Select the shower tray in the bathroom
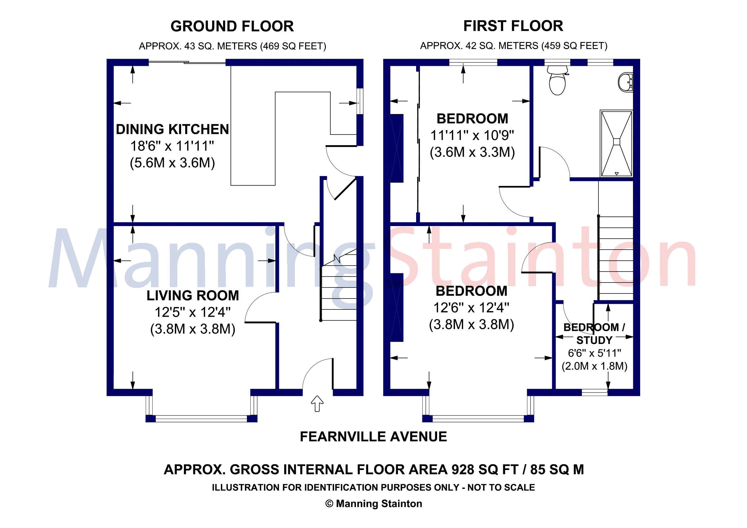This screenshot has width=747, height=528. coord(616,143)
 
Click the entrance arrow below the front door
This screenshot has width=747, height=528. coord(317,404)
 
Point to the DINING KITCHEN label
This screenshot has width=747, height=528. coord(172,129)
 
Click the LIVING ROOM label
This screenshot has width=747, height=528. coord(193,296)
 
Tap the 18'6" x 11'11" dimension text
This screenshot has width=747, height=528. coord(172,146)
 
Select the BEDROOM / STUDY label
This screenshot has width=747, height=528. coord(594,333)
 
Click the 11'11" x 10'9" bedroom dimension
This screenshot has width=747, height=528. coord(472,135)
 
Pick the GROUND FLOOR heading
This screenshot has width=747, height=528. coord(232,26)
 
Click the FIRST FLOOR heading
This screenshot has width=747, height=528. coord(513,26)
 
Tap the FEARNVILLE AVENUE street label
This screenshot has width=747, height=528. coord(373,436)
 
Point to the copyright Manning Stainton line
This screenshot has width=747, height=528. coord(373,504)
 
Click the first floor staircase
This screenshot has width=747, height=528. coord(616,257)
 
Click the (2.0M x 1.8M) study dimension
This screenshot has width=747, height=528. coord(594,366)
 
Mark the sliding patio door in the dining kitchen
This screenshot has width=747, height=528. coord(187,62)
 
